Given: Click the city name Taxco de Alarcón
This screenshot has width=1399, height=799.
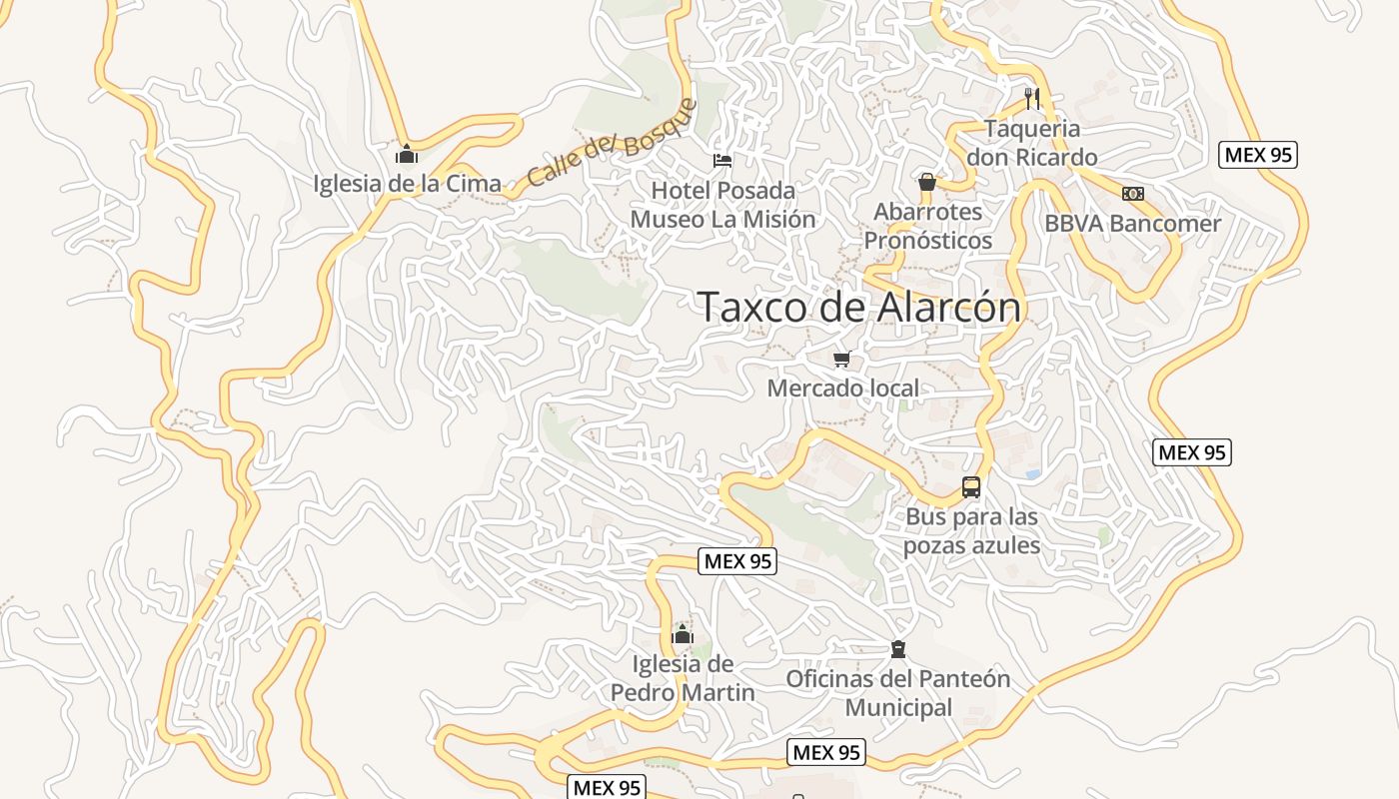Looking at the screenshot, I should click(859, 308).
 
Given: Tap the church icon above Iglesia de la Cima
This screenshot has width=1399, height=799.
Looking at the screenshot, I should click(407, 154).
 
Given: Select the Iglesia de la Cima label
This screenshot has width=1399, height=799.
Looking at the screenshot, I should click(407, 184).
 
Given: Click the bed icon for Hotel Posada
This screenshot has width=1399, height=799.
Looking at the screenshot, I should click(721, 160).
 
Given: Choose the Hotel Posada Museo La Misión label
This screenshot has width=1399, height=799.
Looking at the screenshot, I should click(722, 205).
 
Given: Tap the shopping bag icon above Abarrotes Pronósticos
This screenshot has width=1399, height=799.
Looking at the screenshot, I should click(927, 182).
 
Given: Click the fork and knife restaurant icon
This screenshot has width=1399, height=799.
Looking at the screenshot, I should click(1032, 98).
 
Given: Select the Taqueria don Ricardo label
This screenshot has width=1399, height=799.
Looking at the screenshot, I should click(1032, 143).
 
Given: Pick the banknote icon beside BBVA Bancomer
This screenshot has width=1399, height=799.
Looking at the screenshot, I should click(1132, 194).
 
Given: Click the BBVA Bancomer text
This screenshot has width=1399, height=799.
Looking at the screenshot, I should click(1132, 224).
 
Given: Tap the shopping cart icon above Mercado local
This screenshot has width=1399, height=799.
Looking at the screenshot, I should click(841, 359).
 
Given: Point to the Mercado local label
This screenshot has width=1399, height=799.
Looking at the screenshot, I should click(842, 389).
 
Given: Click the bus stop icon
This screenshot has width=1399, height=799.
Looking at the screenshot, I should click(971, 487).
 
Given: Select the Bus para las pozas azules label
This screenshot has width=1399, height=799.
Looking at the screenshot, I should click(971, 531).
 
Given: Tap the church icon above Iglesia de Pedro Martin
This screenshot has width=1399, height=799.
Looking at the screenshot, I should click(683, 634).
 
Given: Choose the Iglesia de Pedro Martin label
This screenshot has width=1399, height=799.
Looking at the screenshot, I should click(683, 678).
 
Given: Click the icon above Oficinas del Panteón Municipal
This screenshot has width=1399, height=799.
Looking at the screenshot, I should click(898, 649).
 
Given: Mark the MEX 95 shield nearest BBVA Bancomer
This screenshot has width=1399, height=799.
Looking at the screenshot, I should click(1258, 155).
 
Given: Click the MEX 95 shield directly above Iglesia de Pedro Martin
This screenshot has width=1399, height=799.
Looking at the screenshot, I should click(737, 561).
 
